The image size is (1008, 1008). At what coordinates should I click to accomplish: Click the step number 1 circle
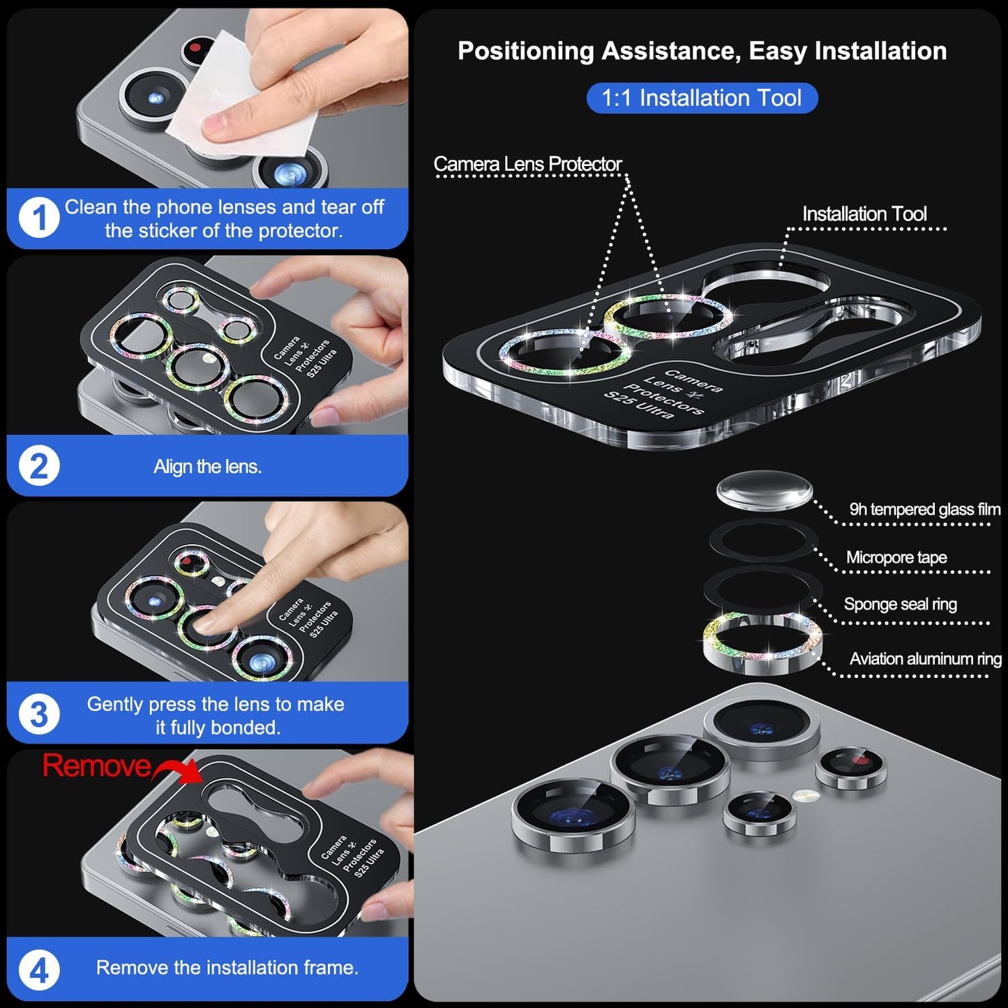39,218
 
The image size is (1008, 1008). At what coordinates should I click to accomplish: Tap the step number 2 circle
39,466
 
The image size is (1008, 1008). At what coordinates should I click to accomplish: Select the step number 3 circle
39,714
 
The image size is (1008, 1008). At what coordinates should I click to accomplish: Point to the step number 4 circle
39,970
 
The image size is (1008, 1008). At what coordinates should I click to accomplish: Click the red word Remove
96,766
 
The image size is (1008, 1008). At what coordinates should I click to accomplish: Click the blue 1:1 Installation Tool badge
702,98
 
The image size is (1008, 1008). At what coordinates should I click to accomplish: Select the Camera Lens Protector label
527,164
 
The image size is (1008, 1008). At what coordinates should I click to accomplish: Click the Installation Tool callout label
864,213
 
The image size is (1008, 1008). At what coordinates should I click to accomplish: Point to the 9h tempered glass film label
924,509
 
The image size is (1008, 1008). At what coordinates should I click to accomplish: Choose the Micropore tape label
896,557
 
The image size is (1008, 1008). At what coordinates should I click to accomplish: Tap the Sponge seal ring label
900,604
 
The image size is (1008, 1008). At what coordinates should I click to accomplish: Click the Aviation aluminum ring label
925,659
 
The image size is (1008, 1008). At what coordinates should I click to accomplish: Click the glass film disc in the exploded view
765,490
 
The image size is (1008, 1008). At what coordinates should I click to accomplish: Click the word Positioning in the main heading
525,51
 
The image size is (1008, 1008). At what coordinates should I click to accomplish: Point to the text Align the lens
207,466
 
